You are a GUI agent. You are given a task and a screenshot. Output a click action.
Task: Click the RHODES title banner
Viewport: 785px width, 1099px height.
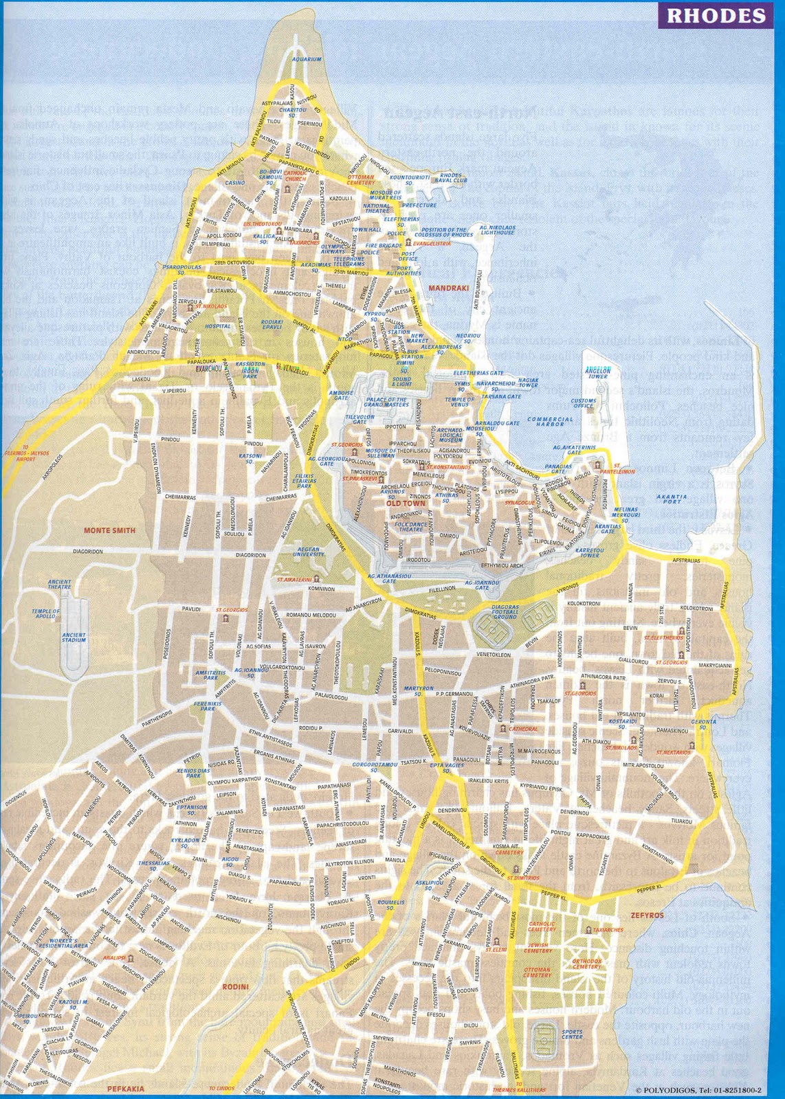(x=716, y=16)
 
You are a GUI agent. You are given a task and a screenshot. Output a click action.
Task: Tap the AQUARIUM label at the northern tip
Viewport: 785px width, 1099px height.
(x=307, y=60)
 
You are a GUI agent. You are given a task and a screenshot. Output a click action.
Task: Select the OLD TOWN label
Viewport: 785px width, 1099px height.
(x=402, y=503)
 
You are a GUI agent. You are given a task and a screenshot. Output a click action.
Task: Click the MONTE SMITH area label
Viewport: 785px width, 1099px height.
(x=109, y=530)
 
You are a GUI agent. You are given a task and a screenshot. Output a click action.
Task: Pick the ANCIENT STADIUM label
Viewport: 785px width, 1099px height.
(x=74, y=637)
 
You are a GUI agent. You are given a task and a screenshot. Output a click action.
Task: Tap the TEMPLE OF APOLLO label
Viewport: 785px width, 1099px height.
(x=46, y=614)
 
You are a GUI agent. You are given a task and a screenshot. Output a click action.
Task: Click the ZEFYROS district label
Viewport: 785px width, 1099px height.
(x=647, y=916)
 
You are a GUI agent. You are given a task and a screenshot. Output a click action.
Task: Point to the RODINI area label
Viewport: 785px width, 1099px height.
(x=235, y=987)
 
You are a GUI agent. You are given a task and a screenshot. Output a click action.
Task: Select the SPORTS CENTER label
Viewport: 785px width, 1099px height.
(x=572, y=1033)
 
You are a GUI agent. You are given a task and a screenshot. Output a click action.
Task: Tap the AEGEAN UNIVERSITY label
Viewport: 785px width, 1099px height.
(x=309, y=552)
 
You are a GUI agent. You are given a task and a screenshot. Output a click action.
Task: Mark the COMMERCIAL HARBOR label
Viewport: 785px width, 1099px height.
(x=550, y=421)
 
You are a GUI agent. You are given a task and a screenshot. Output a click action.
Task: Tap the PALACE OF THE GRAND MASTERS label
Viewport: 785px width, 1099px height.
(x=386, y=402)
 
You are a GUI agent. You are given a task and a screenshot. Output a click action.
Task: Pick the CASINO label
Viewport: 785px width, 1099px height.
(x=235, y=183)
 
